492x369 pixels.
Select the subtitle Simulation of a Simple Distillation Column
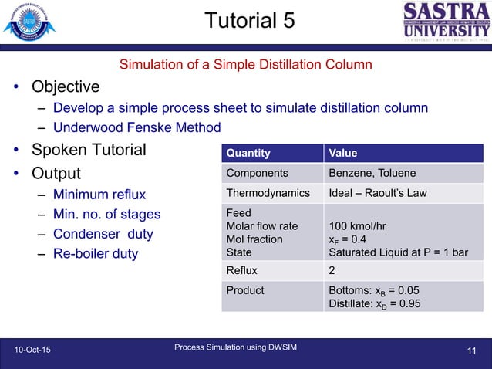245,64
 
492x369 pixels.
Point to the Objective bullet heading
66,86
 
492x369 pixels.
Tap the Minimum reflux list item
99,194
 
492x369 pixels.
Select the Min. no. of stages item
107,214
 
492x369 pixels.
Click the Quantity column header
248,153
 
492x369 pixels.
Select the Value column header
343,153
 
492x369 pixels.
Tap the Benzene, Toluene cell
372,173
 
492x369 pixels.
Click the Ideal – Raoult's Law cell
378,193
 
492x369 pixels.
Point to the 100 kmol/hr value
356,226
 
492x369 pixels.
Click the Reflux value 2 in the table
332,270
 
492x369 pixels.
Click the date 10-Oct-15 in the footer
34,351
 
